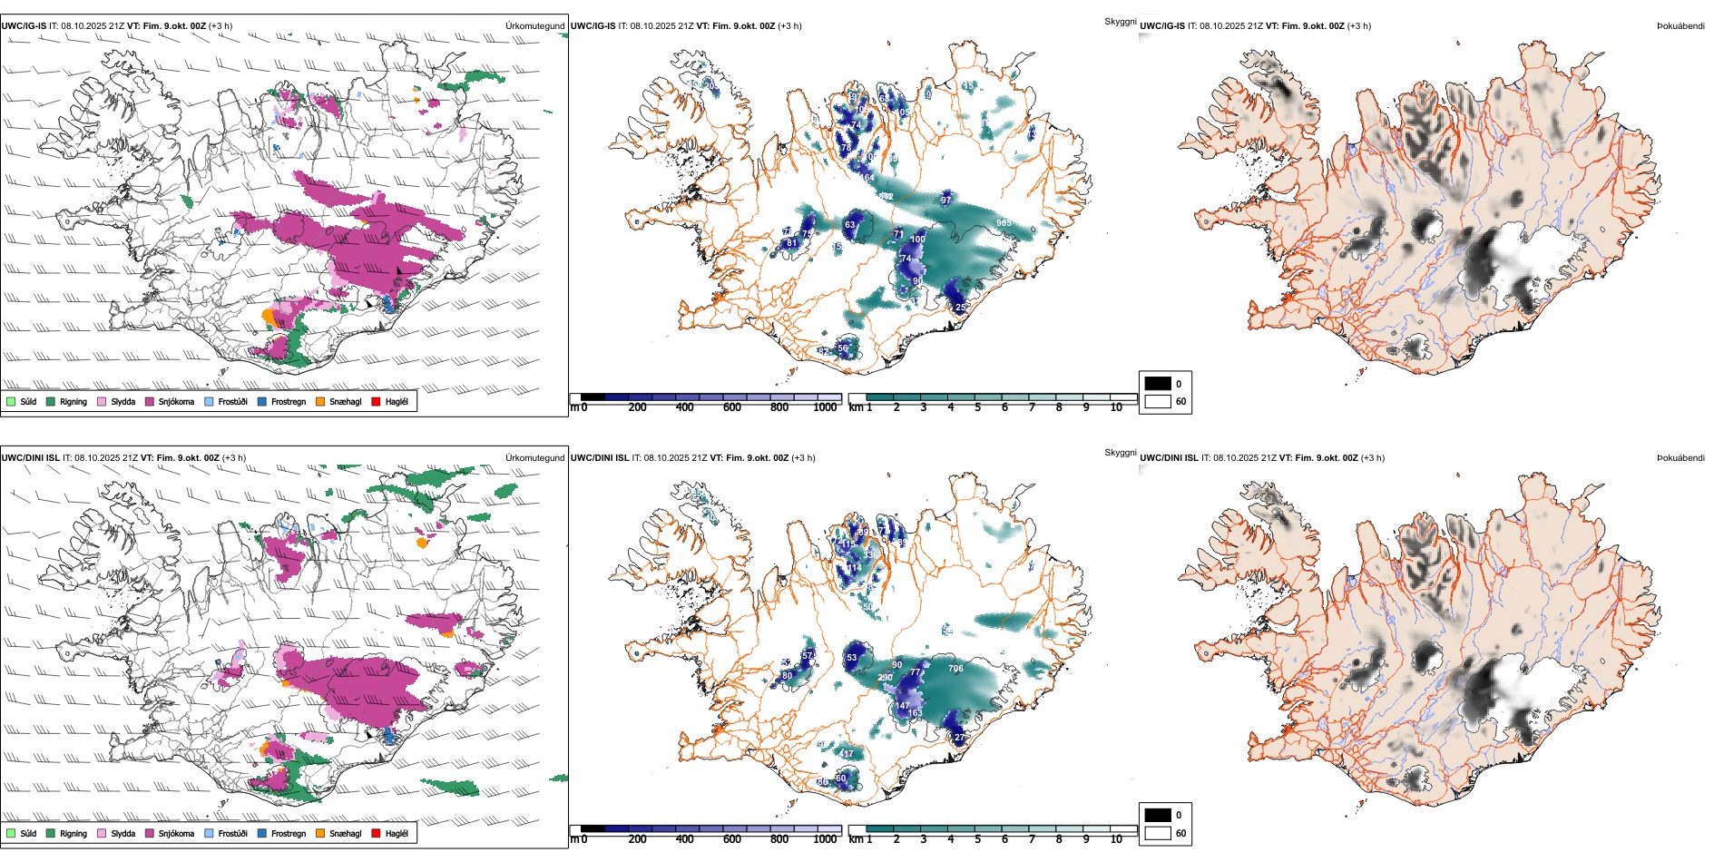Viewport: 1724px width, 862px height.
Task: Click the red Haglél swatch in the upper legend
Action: [x=376, y=401]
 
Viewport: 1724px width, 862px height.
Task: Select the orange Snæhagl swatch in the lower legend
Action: [x=320, y=833]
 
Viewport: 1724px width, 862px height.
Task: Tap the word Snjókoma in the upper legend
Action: [x=176, y=402]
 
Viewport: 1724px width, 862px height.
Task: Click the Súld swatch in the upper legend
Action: [x=11, y=401]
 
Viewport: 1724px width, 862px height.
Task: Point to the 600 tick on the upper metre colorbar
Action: [x=732, y=407]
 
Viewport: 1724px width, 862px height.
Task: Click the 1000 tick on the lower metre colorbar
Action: [x=825, y=839]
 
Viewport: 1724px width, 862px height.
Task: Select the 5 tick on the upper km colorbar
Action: [x=977, y=407]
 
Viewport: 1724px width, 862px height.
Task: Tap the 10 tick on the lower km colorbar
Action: [x=1116, y=839]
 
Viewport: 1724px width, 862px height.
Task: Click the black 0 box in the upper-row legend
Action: [x=1158, y=384]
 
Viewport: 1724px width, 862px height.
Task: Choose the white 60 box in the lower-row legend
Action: [x=1158, y=833]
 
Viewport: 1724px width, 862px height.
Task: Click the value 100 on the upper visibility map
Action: [x=917, y=240]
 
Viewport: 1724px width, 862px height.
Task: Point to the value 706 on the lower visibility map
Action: [x=955, y=669]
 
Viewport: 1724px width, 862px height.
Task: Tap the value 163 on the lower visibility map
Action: [x=915, y=713]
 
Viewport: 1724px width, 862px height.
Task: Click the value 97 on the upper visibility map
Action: [x=946, y=201]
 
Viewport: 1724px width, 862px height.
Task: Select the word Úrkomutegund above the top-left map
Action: [x=534, y=26]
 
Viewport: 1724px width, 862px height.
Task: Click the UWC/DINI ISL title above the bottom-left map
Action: [x=30, y=458]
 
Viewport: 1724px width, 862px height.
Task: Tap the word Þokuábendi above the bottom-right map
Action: [x=1680, y=458]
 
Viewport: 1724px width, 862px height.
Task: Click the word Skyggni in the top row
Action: [x=1120, y=21]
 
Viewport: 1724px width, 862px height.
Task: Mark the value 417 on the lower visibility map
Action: [x=847, y=754]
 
